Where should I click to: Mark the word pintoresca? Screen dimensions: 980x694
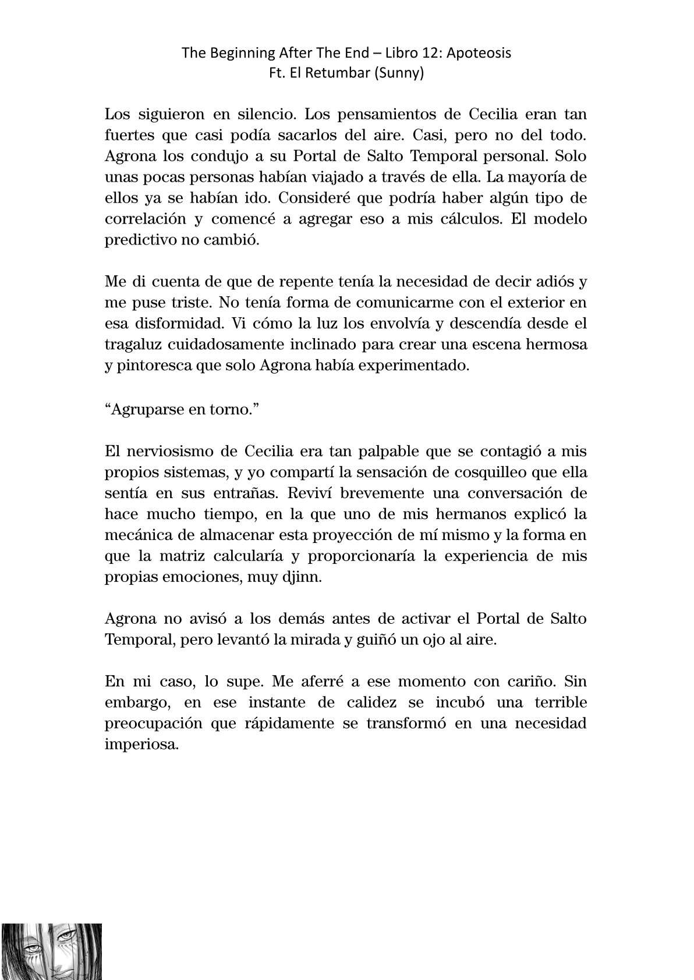[153, 366]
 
